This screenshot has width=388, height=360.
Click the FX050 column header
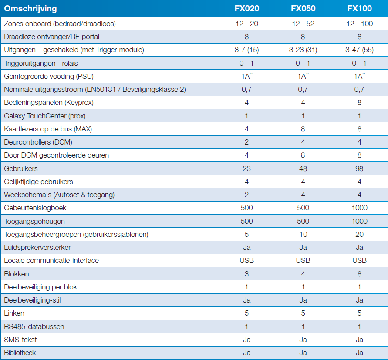tap(303, 8)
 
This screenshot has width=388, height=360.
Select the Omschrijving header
tap(30, 9)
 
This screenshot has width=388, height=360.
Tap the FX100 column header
tap(359, 8)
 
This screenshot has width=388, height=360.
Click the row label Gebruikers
tap(21, 168)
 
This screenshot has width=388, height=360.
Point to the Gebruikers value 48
tap(303, 168)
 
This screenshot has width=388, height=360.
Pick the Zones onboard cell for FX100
tap(359, 24)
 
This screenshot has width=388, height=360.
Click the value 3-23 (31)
tap(303, 50)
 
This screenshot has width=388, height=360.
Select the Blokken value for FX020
tap(247, 274)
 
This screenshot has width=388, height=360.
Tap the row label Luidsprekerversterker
tap(37, 247)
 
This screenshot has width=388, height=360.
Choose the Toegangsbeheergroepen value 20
tap(359, 234)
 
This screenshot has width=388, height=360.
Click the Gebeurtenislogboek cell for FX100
tap(359, 208)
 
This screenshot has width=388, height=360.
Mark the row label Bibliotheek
tap(20, 353)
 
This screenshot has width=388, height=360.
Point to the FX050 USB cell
tap(303, 261)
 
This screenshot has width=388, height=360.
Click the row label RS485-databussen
tap(34, 326)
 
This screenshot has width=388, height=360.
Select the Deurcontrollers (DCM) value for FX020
tap(247, 142)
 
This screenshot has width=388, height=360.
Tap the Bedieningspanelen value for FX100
tap(359, 102)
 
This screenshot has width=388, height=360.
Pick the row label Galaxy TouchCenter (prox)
tap(45, 116)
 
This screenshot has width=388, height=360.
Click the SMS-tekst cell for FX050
tap(303, 340)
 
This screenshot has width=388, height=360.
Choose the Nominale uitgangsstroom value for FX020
tap(247, 89)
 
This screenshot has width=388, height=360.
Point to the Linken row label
tap(14, 313)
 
